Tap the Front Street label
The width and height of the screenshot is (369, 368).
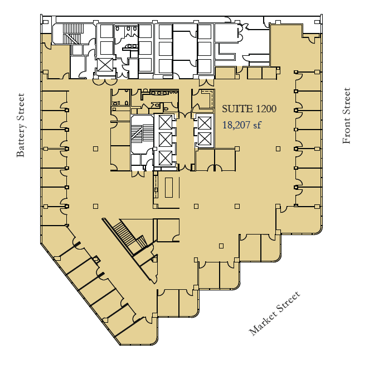tap(347, 116)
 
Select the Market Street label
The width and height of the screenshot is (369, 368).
tap(274, 313)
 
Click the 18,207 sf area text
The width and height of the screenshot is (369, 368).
tap(241, 125)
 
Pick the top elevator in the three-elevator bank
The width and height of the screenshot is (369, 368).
tap(166, 122)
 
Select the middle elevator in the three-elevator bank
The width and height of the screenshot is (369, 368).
tap(166, 140)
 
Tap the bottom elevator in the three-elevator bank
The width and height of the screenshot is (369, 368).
tap(166, 158)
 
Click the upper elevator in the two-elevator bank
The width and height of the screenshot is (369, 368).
tap(204, 122)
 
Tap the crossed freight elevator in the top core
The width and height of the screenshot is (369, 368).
tap(105, 65)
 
